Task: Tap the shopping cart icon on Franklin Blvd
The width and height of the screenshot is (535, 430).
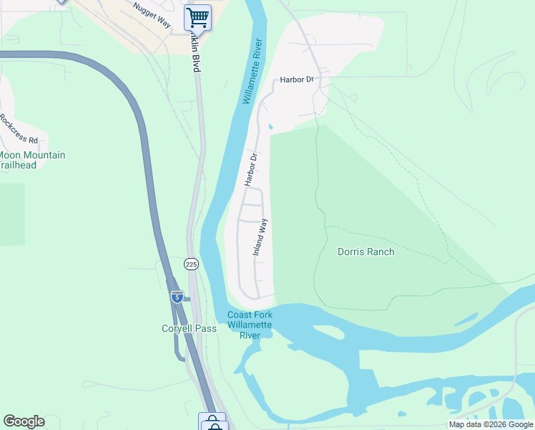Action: pos(198,16)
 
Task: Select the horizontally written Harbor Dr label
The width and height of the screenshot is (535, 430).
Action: pos(297,80)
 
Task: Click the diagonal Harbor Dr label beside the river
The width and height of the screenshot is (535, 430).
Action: pos(250,169)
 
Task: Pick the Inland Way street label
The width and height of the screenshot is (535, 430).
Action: pos(260,237)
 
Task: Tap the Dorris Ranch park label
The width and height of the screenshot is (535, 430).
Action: pos(365,252)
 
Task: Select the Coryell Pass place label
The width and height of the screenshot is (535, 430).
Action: pos(188,328)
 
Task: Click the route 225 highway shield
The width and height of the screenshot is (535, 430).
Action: pos(191,264)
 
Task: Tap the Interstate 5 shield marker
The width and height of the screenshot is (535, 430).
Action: pos(177,296)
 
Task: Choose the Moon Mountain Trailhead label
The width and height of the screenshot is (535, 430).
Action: pos(32,160)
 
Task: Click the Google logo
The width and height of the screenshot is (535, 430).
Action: pos(24,421)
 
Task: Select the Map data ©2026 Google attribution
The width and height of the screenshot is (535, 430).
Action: pos(491,424)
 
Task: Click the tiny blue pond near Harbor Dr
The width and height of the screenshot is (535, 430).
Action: pos(270,128)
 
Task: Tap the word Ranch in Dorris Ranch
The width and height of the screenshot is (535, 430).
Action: pos(381,252)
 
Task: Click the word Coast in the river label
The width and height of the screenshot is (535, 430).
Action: pos(240,315)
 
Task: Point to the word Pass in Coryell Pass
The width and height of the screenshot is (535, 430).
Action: pos(206,328)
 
